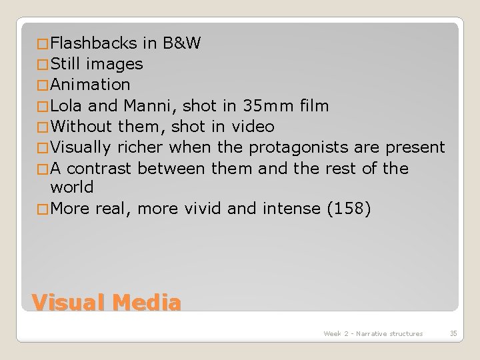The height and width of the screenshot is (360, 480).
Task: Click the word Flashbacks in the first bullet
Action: pos(94,44)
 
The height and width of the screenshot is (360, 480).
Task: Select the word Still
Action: pos(66,65)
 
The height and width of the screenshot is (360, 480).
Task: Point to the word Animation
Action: pos(90,85)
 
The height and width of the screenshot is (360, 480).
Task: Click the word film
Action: pos(313,105)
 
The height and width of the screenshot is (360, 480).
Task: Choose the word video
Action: pos(253,126)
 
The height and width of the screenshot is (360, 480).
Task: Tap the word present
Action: pos(415,147)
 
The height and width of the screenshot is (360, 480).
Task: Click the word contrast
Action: pos(100,167)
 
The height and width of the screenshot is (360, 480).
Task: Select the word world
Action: pos(72,187)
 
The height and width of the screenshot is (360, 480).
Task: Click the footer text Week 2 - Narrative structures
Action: pos(373,333)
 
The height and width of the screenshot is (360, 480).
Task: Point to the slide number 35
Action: pos(453,333)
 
